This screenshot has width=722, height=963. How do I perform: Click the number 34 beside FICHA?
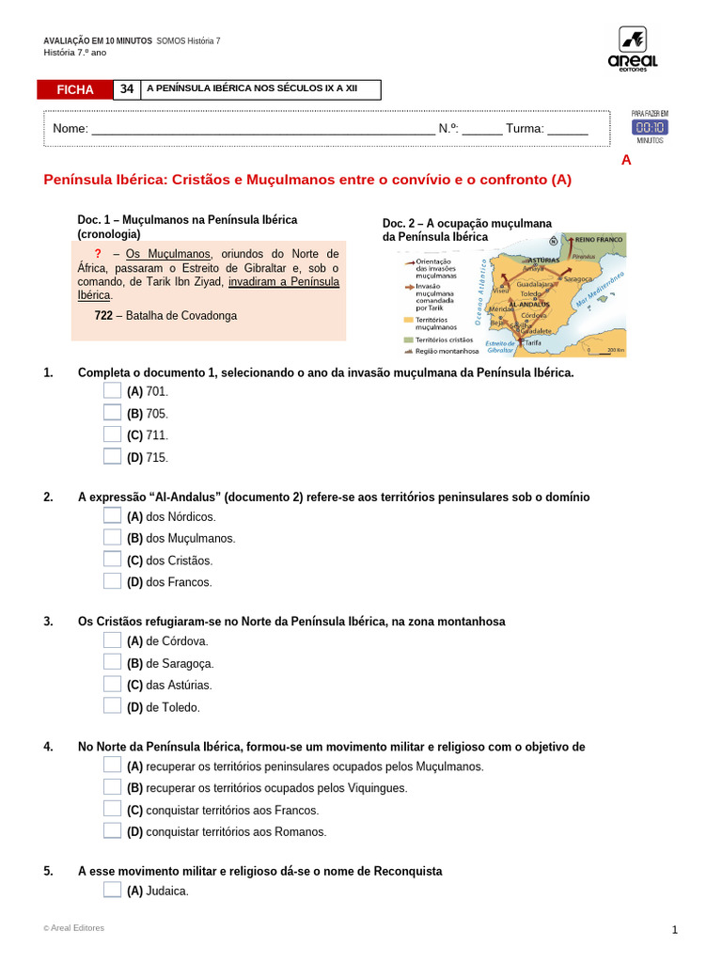pyautogui.click(x=126, y=89)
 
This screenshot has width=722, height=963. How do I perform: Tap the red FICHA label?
pyautogui.click(x=75, y=89)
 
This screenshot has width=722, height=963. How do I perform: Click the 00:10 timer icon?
pyautogui.click(x=650, y=127)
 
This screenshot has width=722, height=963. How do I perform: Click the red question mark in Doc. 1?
pyautogui.click(x=98, y=254)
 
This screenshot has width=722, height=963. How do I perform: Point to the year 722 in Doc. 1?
pyautogui.click(x=103, y=316)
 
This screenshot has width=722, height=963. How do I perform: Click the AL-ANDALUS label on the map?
pyautogui.click(x=528, y=305)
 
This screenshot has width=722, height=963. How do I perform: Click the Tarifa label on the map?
pyautogui.click(x=533, y=343)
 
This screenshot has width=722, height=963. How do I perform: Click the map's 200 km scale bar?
pyautogui.click(x=605, y=353)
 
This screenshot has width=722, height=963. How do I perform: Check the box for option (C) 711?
pyautogui.click(x=112, y=434)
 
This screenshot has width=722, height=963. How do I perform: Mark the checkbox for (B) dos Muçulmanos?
pyautogui.click(x=112, y=538)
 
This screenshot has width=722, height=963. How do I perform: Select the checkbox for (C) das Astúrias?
pyautogui.click(x=112, y=685)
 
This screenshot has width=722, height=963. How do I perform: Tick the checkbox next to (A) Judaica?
pyautogui.click(x=112, y=891)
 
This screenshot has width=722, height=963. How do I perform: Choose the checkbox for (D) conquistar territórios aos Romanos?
pyautogui.click(x=112, y=831)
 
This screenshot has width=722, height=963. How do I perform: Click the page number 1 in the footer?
pyautogui.click(x=674, y=930)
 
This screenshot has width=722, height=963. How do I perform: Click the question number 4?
pyautogui.click(x=48, y=747)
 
